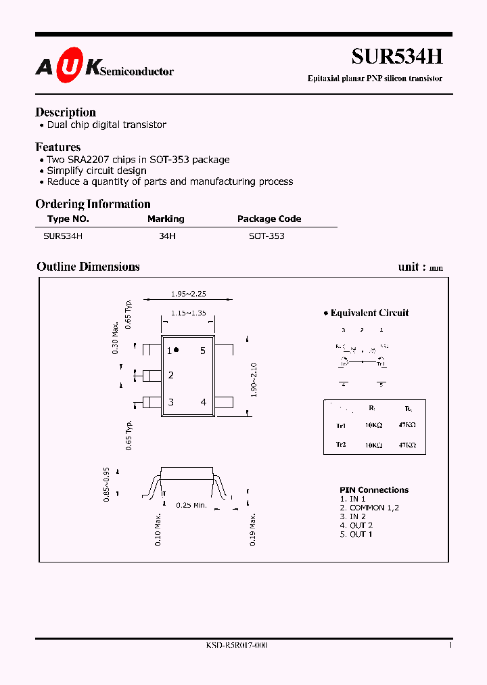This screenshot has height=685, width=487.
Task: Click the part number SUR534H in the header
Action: pyautogui.click(x=397, y=57)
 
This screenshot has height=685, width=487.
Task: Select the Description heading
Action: pyautogui.click(x=66, y=112)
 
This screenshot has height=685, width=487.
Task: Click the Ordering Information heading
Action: pyautogui.click(x=93, y=204)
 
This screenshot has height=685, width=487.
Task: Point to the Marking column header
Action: pyautogui.click(x=166, y=219)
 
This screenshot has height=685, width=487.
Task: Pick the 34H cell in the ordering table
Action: pyautogui.click(x=166, y=236)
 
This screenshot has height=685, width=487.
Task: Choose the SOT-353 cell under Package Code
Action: pyautogui.click(x=266, y=236)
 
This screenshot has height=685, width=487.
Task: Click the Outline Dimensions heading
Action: pyautogui.click(x=88, y=267)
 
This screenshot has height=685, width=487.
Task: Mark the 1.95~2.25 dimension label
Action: pyautogui.click(x=187, y=294)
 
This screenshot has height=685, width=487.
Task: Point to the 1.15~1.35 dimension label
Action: pyautogui.click(x=187, y=313)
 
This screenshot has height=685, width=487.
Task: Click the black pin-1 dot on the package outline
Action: pyautogui.click(x=177, y=350)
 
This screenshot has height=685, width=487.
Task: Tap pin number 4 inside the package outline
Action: pyautogui.click(x=203, y=402)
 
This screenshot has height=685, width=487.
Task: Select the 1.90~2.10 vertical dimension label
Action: pyautogui.click(x=254, y=380)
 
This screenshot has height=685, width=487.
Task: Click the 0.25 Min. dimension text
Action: pyautogui.click(x=191, y=505)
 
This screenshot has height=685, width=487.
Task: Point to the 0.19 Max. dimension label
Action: pyautogui.click(x=252, y=530)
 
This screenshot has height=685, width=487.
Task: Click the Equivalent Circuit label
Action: pyautogui.click(x=369, y=313)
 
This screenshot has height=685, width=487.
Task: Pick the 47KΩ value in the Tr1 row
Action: pyautogui.click(x=407, y=426)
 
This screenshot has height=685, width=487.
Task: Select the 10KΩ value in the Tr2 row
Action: pyautogui.click(x=372, y=445)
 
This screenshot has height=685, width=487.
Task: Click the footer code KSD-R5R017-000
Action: pyautogui.click(x=237, y=646)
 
